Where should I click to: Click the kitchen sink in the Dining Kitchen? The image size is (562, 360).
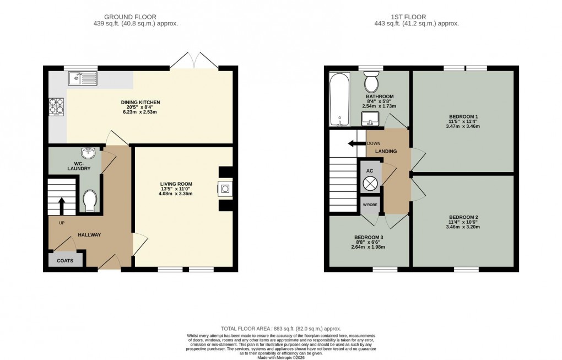tap(83, 79)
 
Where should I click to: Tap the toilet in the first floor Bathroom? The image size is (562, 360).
tap(371, 82)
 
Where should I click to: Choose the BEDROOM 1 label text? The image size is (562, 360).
tap(463, 116)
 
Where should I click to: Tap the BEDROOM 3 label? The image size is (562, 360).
tap(369, 237)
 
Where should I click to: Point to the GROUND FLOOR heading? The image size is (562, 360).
tap(136, 17)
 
